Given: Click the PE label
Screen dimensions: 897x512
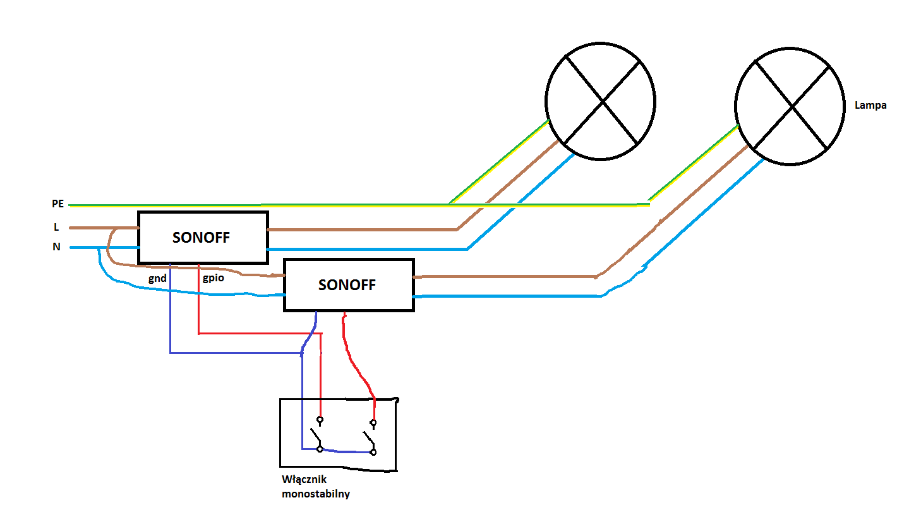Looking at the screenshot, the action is coord(57,204).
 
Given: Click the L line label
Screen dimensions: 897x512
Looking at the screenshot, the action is coord(56,227).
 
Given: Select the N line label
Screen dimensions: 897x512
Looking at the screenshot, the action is coord(56,247).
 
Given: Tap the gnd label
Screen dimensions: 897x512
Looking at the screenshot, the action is coord(157,279).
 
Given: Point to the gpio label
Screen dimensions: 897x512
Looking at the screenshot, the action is coord(214,278).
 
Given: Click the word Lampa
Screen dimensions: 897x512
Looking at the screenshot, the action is coord(870,106).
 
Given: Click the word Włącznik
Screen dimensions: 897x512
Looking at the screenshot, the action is coord(304,480).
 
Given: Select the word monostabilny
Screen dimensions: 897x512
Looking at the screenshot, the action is coord(316,494).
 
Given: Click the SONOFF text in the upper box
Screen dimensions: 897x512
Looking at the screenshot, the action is coord(201,238).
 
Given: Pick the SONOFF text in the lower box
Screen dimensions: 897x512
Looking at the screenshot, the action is coord(347,285).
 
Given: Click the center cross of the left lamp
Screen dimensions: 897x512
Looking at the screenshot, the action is coord(603,102).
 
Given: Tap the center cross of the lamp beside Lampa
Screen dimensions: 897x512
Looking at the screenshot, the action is coord(792,107).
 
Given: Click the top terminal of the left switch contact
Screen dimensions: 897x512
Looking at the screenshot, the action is coord(320,420).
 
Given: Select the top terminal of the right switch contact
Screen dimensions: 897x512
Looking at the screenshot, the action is coord(373,423).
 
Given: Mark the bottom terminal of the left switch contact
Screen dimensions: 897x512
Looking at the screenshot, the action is coord(320,449).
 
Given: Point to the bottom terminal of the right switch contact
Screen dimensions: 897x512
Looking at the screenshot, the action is coord(373,453).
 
